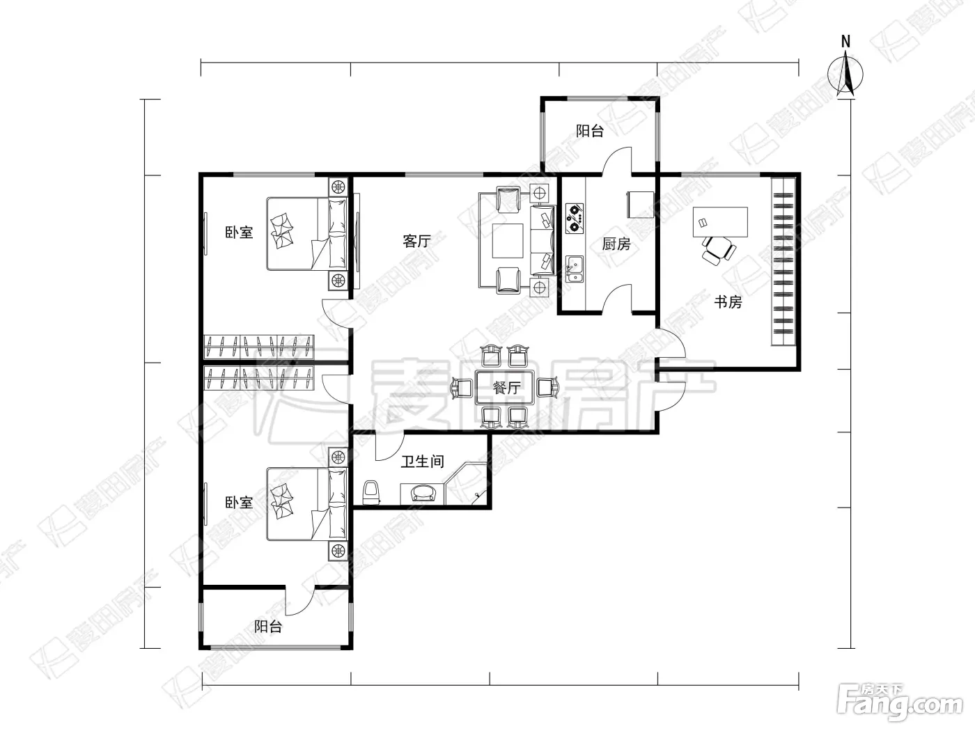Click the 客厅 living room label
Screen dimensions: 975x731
click(416, 241)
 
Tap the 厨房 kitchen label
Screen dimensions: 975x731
click(616, 244)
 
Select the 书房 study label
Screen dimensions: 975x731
click(728, 302)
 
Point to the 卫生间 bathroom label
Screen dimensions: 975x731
click(423, 461)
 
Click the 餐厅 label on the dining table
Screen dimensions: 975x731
click(507, 388)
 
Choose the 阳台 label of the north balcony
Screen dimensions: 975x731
click(590, 131)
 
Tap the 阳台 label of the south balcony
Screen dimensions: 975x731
click(268, 627)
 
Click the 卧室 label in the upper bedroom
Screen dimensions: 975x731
click(239, 232)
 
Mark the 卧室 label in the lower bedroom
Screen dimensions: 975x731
click(239, 503)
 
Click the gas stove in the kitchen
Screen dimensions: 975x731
click(575, 219)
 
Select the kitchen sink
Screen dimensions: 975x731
click(575, 269)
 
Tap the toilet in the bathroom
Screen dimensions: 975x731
click(371, 492)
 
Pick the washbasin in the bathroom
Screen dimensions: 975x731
click(423, 494)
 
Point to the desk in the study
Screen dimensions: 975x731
click(720, 222)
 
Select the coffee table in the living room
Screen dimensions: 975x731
click(508, 241)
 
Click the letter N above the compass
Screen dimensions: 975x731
click(845, 42)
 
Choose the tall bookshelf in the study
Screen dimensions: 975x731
click(783, 262)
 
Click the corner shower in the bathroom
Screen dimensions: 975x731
click(467, 484)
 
